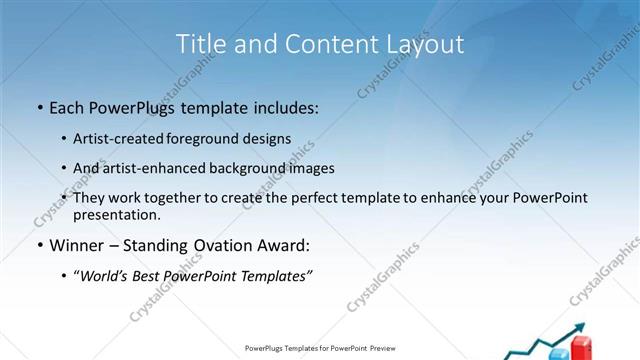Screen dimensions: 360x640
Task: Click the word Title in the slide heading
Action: pos(199,44)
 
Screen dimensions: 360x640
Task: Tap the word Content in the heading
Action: pos(323,44)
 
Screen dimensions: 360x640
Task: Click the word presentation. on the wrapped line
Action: pos(116,214)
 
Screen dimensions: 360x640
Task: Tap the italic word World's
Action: pos(108,276)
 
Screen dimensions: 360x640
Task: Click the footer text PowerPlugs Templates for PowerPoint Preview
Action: pos(319,349)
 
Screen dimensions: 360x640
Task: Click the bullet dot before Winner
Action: pos(39,245)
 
